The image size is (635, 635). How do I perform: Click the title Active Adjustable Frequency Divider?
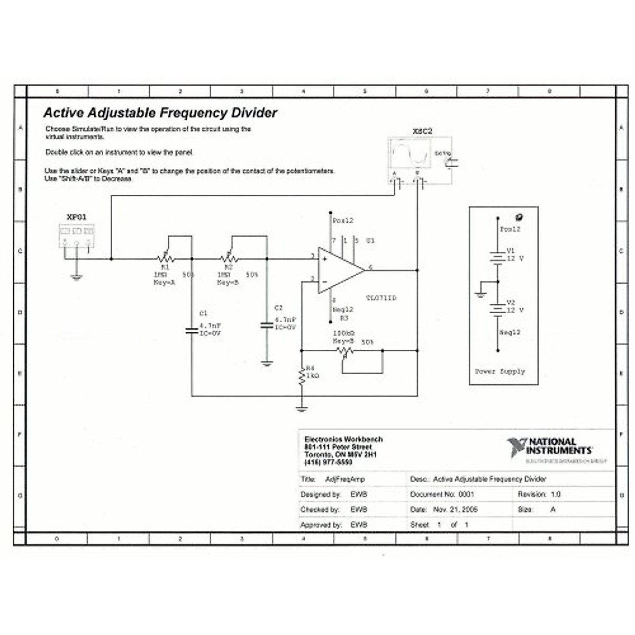click(160, 113)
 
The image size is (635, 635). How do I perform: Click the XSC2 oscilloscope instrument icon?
click(420, 160)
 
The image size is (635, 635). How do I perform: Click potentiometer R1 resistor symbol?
click(166, 259)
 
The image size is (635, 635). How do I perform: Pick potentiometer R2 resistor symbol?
click(229, 259)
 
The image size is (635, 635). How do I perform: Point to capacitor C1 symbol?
click(192, 331)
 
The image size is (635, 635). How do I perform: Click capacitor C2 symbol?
click(267, 325)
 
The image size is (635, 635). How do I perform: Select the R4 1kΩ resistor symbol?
click(301, 376)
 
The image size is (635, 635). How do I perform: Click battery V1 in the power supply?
click(497, 258)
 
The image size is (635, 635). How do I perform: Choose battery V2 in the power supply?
click(497, 309)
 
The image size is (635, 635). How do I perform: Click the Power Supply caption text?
click(500, 371)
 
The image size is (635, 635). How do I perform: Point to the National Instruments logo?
click(550, 448)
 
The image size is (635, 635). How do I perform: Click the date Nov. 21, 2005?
click(455, 510)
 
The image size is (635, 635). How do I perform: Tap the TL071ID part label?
click(381, 298)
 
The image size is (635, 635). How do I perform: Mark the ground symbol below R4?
click(301, 408)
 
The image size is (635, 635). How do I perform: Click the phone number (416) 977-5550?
click(328, 462)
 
